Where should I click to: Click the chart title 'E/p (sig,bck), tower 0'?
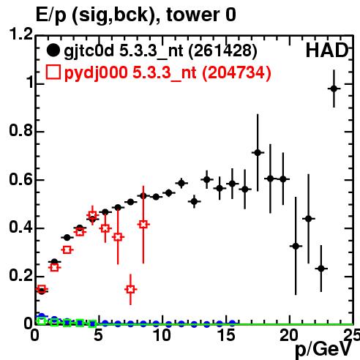coord(136,15)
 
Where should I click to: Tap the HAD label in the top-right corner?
coord(327,50)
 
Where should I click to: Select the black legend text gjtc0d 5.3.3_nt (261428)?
coord(160,51)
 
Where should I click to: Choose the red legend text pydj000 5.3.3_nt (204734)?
coord(168,72)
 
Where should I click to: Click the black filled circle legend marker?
coord(53,50)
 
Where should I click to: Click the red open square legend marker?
coord(53,72)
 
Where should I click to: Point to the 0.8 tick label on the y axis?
coord(20,130)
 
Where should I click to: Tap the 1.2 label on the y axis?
coord(20,34)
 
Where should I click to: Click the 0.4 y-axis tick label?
coord(20,227)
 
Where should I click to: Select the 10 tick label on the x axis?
coord(162,335)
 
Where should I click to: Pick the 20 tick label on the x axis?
coord(289,335)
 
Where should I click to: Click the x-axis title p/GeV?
coord(323,350)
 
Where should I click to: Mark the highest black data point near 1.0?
coord(334,89)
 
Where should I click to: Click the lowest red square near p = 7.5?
coord(130,290)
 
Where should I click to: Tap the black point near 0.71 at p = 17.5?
coord(258,153)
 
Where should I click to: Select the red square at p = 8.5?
coord(143,225)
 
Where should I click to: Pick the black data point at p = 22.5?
coord(321,269)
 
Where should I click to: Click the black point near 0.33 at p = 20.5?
coord(296,246)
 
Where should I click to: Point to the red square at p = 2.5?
coord(67,250)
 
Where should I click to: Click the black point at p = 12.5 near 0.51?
coord(194,202)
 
